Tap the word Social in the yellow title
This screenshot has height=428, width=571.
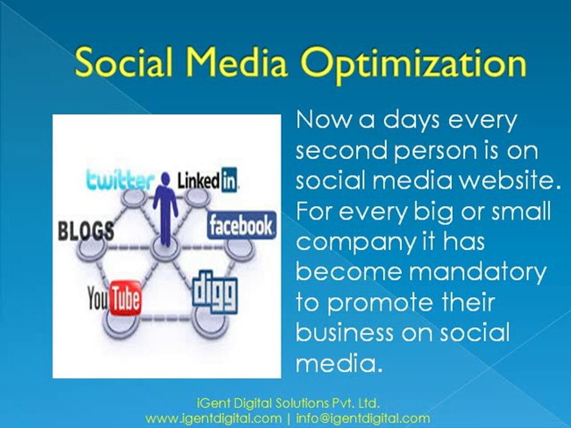click(x=124, y=61)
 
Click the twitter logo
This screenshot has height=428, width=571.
click(x=120, y=180)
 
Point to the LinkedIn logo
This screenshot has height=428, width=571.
click(x=208, y=180)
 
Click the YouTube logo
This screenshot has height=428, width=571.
click(x=114, y=298)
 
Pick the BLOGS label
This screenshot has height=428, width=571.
click(x=86, y=231)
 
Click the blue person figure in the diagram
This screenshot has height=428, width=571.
click(x=165, y=208)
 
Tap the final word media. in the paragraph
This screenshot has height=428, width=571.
click(x=339, y=363)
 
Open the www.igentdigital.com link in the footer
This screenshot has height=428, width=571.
click(x=213, y=419)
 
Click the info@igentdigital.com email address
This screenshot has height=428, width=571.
click(x=363, y=419)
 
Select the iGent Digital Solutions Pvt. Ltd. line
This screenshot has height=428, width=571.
click(x=288, y=403)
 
